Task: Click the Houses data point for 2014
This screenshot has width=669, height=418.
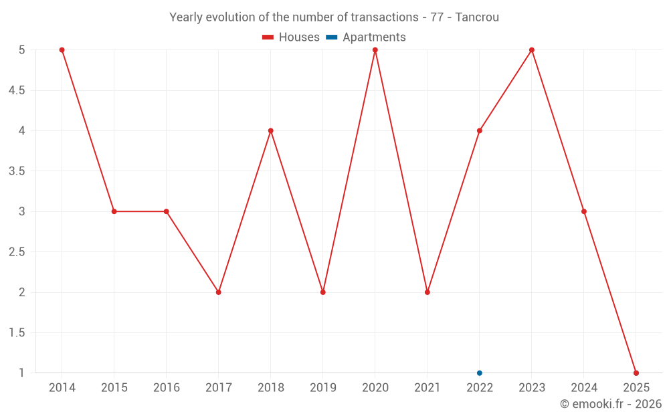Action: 62,50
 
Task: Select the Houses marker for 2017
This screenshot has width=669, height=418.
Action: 218,292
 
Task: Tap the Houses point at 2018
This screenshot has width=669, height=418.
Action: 270,130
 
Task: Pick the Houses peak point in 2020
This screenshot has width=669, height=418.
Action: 375,50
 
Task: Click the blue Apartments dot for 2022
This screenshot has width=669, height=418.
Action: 479,373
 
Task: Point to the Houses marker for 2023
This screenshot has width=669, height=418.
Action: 531,50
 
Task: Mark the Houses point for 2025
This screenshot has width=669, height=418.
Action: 636,373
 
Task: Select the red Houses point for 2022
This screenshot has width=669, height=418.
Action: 479,130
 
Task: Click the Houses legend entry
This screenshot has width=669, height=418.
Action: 291,37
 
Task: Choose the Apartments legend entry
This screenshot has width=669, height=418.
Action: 366,37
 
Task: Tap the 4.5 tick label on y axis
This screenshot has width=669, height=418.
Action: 17,90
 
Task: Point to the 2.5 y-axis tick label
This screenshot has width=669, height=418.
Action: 17,252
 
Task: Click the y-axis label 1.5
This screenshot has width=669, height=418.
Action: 17,333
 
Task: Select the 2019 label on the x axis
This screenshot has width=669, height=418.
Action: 322,388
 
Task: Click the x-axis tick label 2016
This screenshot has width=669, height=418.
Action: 166,388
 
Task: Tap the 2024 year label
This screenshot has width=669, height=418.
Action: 583,388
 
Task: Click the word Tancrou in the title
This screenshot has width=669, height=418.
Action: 477,17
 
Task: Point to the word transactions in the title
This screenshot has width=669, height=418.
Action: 385,17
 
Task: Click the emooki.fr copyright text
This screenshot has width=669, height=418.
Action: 610,404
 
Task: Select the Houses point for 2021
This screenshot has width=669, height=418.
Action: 427,292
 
